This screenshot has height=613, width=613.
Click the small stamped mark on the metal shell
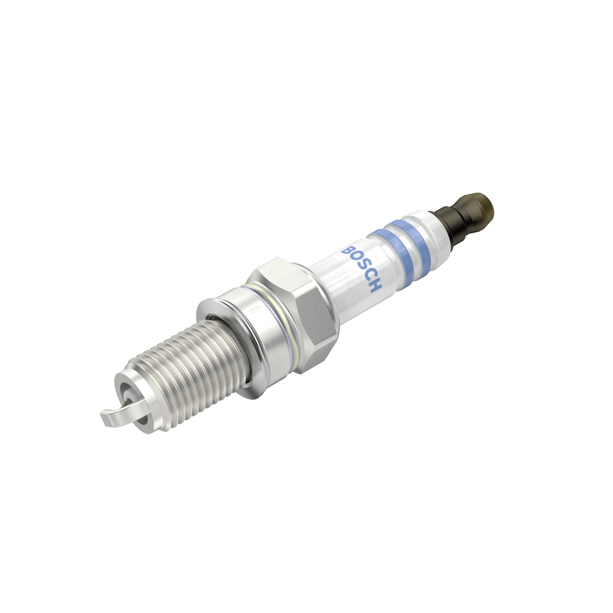point(253,309)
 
